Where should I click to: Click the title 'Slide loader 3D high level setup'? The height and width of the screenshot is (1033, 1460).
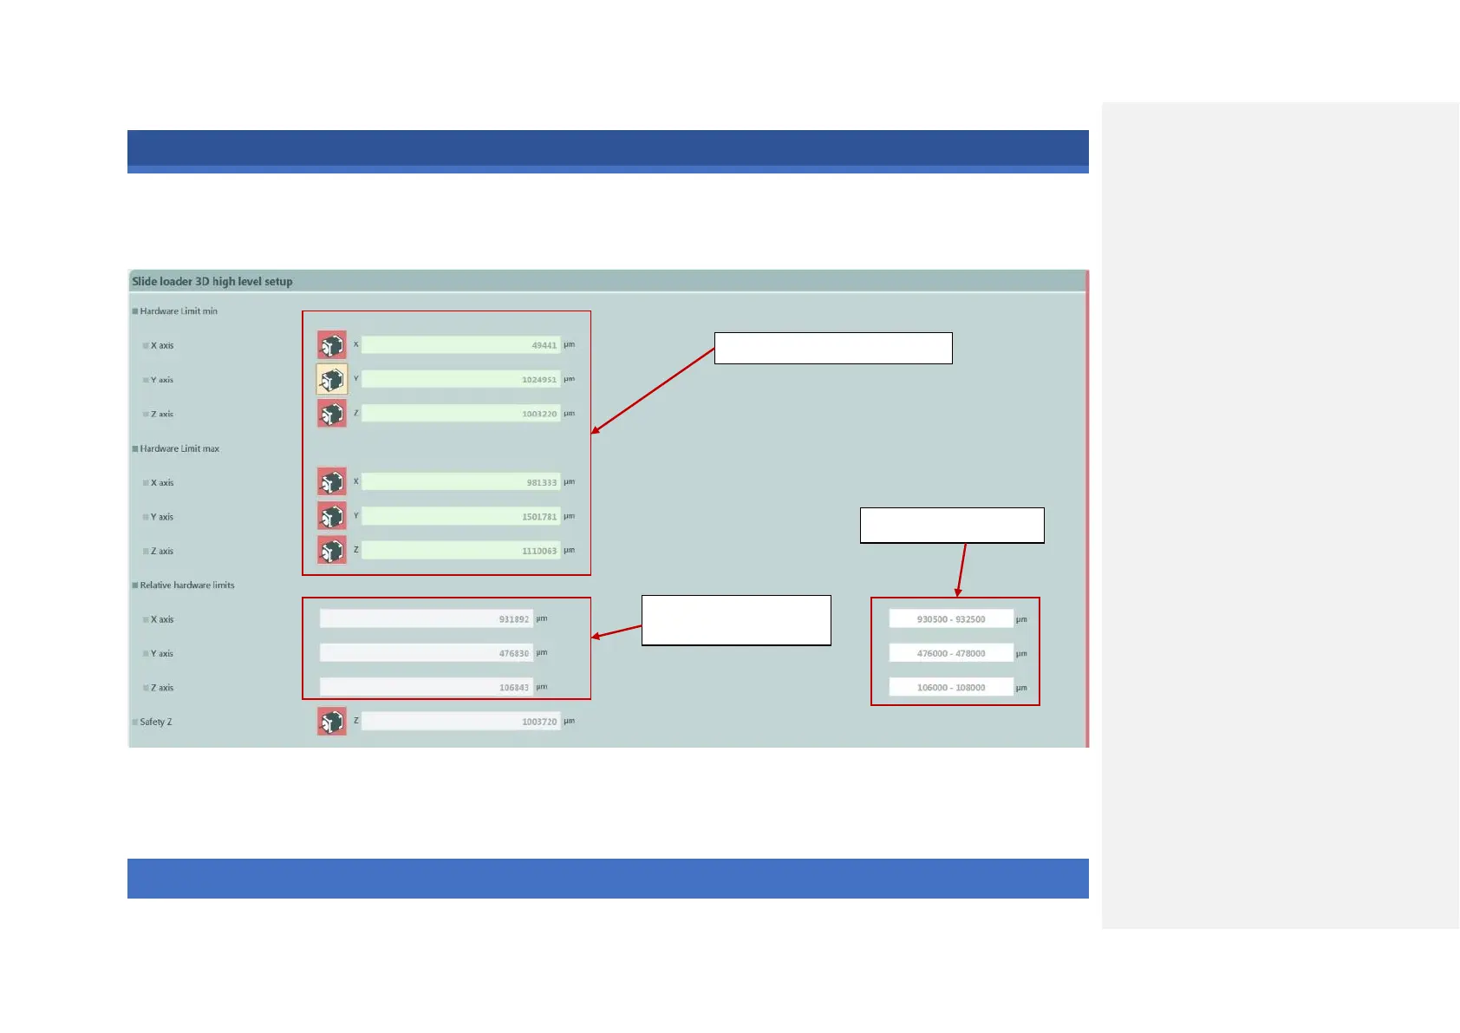click(x=212, y=281)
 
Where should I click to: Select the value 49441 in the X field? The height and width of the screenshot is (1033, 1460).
click(x=460, y=345)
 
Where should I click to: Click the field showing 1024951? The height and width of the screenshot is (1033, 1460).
click(x=460, y=379)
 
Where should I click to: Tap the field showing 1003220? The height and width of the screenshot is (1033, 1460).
click(x=460, y=414)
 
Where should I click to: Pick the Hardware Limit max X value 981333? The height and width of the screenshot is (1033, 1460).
click(x=460, y=482)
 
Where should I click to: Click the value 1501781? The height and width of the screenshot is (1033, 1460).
click(x=460, y=516)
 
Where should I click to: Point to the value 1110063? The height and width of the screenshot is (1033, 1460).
click(x=460, y=551)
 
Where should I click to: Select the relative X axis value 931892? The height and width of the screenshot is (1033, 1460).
click(x=426, y=619)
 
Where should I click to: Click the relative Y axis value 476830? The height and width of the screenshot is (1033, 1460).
click(x=426, y=653)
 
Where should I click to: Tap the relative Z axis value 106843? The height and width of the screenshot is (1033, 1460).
click(x=426, y=688)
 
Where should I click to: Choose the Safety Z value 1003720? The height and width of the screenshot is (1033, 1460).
click(x=460, y=722)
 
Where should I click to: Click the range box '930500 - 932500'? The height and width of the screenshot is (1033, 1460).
click(x=951, y=619)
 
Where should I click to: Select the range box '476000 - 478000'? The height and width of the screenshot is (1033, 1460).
click(x=951, y=653)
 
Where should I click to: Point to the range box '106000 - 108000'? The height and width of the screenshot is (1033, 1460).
click(x=951, y=688)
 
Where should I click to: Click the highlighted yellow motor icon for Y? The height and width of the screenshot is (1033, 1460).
click(x=332, y=379)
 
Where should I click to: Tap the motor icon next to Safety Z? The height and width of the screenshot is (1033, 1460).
click(x=332, y=722)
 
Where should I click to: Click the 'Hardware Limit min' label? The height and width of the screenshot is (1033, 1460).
click(x=179, y=311)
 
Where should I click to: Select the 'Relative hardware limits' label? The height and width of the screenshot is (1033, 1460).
click(x=187, y=585)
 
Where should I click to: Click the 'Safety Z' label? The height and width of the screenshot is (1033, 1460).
click(x=156, y=722)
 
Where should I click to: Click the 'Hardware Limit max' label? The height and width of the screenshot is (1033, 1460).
click(x=179, y=448)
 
